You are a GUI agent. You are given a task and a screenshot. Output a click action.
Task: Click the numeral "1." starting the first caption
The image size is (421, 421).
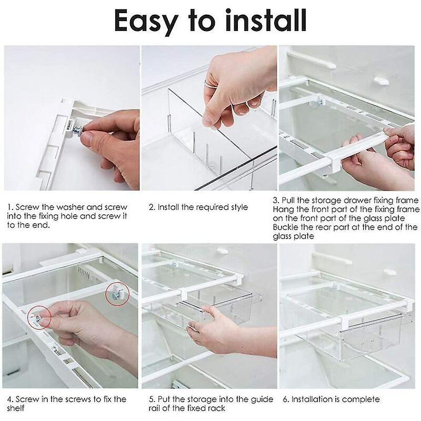[10, 207]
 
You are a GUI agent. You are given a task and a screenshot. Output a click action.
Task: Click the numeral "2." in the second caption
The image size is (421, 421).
[152, 207]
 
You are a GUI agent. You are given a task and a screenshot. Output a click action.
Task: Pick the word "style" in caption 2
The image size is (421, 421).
[236, 207]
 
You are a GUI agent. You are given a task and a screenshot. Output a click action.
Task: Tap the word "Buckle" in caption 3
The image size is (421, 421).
[286, 227]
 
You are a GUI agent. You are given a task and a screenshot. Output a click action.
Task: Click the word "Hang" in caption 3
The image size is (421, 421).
[283, 209]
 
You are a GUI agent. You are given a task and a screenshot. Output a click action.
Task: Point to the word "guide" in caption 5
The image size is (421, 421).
[262, 399]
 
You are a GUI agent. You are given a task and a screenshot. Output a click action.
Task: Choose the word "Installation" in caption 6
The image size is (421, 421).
[314, 399]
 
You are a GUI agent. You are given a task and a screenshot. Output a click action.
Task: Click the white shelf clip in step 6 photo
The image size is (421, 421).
[390, 273]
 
